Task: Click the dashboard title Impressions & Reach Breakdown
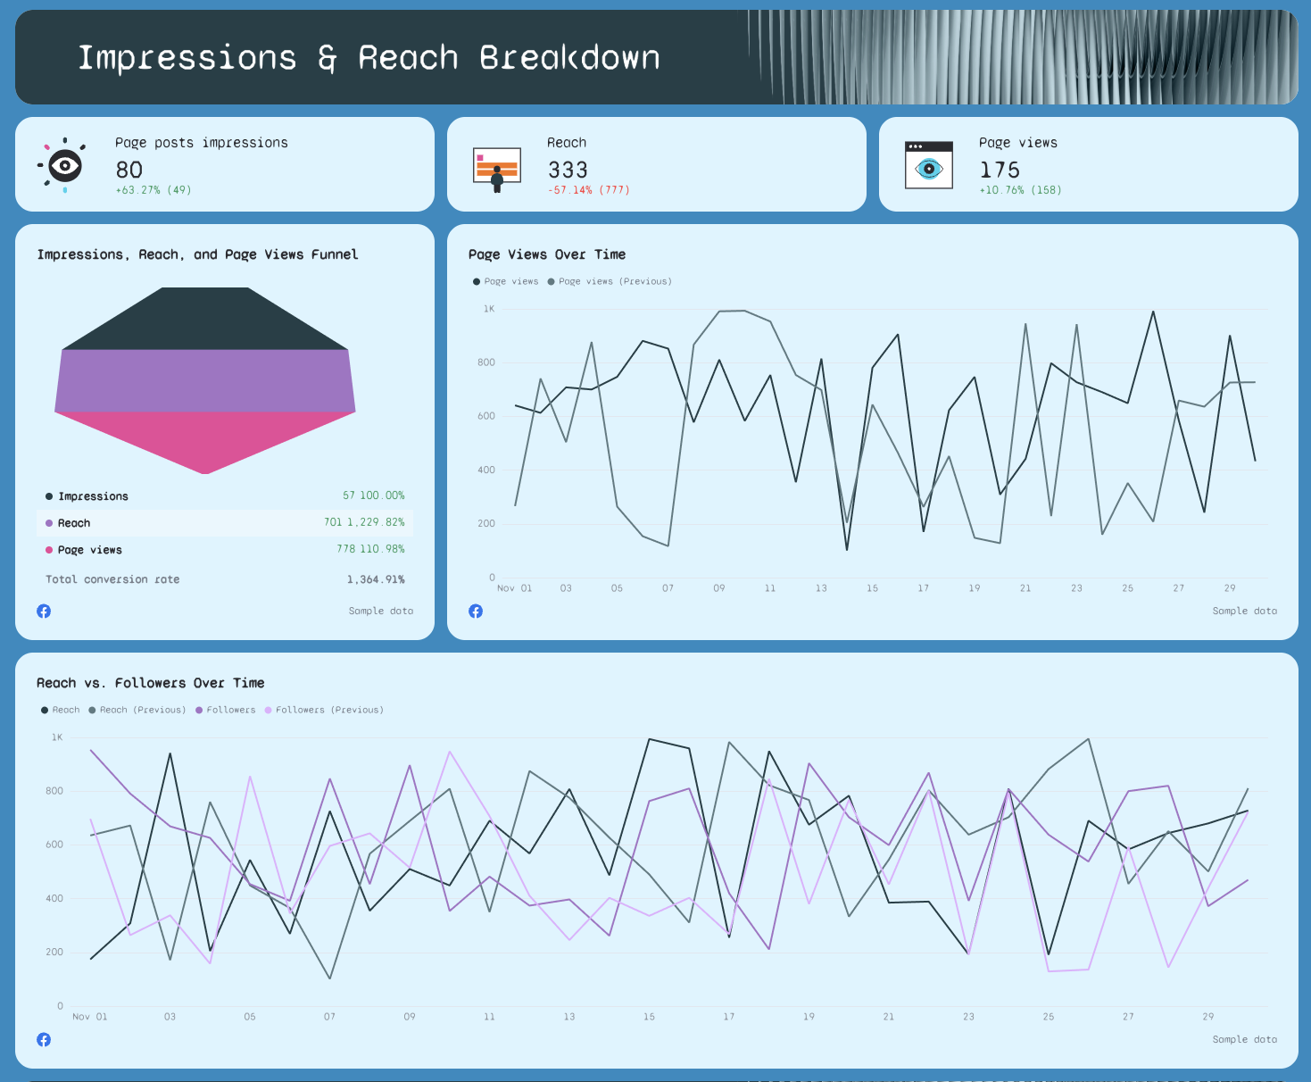pos(369,58)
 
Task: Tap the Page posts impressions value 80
pos(129,170)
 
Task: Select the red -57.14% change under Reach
pos(569,190)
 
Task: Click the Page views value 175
pos(1000,170)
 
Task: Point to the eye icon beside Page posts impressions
pos(64,165)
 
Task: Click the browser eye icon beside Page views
pos(929,165)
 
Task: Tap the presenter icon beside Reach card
pos(497,169)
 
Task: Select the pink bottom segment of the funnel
pos(205,439)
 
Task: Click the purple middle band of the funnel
pos(205,380)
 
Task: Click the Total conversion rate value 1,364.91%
pos(376,579)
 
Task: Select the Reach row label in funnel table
pos(74,523)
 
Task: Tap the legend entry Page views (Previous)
pos(615,281)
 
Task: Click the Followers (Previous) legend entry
pos(329,710)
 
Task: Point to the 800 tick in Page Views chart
pos(486,362)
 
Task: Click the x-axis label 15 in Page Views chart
pos(872,588)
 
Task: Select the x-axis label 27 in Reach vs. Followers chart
pos(1128,1017)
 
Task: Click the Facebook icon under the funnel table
pos(44,612)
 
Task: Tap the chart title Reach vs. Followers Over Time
pos(151,683)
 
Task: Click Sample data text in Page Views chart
pos(1244,612)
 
